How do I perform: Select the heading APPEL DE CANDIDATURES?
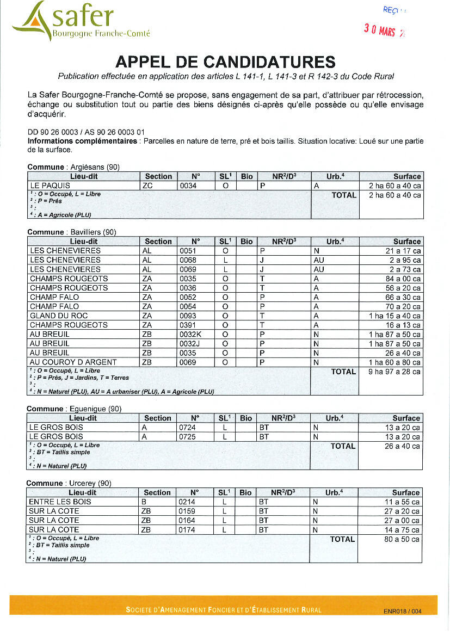(x=225, y=61)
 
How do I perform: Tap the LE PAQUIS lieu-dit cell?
(x=50, y=186)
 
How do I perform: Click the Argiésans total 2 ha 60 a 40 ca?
(x=394, y=195)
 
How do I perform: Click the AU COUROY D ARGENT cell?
(x=73, y=362)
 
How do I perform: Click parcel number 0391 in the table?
(x=188, y=325)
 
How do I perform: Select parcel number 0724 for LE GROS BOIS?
(x=187, y=428)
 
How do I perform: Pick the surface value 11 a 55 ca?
(x=402, y=502)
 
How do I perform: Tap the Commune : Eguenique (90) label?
(x=74, y=409)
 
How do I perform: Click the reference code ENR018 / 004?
(x=402, y=611)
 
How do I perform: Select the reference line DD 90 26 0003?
(x=87, y=132)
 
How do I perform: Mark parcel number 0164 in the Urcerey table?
(x=187, y=520)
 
